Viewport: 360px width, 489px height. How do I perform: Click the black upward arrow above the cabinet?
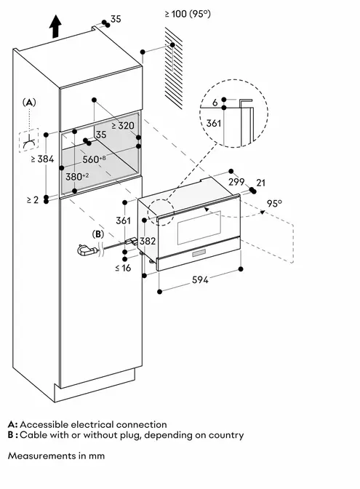coord(55,26)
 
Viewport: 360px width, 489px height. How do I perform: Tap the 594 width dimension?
coord(200,279)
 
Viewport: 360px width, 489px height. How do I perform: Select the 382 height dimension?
coord(148,241)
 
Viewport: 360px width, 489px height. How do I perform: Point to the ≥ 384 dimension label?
coord(42,159)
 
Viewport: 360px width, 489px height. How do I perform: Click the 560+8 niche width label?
coord(94,159)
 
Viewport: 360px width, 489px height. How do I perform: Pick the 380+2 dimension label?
coord(77,177)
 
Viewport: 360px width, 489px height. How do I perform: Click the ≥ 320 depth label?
coord(123,125)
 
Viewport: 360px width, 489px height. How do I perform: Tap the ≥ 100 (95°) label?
coord(188,14)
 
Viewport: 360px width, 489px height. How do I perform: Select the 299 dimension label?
coord(236,181)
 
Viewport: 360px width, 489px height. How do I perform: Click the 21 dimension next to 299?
coord(260,183)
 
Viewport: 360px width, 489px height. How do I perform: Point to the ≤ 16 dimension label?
coord(123,268)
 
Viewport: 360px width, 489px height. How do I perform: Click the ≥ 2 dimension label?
coord(33,199)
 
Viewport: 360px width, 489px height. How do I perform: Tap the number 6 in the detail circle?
coord(215,103)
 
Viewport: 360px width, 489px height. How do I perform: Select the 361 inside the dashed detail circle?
coord(214,123)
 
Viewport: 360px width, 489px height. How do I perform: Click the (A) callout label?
coord(29,102)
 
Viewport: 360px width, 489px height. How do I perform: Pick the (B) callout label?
coord(98,234)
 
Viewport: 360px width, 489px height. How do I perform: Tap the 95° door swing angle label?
coord(274,203)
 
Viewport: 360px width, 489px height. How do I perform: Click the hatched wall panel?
coord(174,68)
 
